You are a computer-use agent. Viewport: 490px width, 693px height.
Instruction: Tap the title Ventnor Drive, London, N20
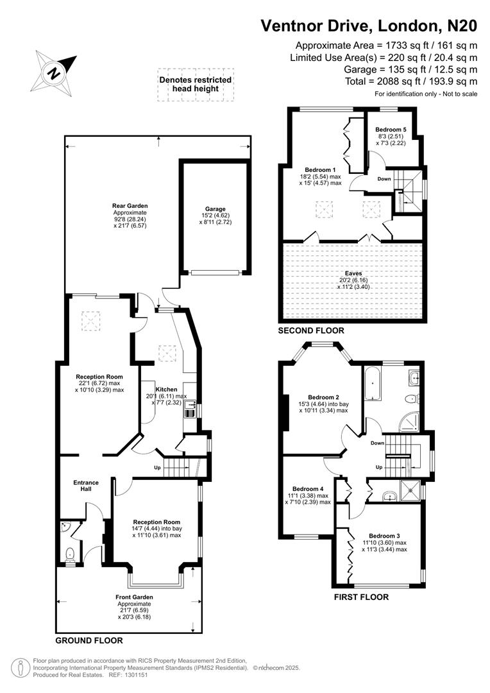point(369,26)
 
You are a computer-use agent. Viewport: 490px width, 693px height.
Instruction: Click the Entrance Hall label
point(86,486)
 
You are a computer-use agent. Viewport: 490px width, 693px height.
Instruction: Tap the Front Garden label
point(135,597)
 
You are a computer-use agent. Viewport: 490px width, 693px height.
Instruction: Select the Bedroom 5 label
point(391,129)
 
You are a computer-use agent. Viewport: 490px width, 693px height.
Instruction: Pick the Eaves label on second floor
point(352,273)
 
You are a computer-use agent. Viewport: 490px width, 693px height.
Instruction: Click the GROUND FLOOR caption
point(89,640)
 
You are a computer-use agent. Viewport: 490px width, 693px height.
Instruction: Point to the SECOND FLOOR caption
point(311,331)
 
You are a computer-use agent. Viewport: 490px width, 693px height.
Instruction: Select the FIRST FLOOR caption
point(361,597)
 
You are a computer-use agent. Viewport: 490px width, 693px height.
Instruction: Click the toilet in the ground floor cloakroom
point(70,553)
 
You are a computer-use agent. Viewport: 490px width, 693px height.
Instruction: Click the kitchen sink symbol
point(190,410)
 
